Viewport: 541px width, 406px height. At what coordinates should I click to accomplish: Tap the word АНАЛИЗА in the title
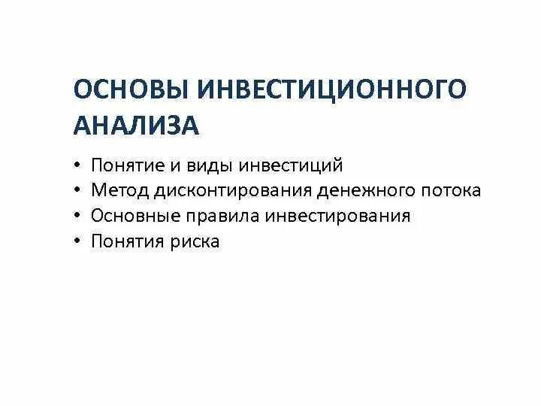pyautogui.click(x=136, y=125)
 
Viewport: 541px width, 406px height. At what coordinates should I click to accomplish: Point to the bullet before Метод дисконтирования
pyautogui.click(x=77, y=191)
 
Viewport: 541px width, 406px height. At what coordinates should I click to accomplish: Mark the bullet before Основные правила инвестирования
pyautogui.click(x=77, y=217)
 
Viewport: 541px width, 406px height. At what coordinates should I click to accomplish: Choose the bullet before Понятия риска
pyautogui.click(x=77, y=242)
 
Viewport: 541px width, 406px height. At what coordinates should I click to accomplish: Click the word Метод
pyautogui.click(x=119, y=191)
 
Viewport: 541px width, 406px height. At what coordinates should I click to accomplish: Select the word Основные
pyautogui.click(x=132, y=217)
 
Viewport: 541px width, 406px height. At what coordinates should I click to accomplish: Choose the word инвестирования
pyautogui.click(x=333, y=217)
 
